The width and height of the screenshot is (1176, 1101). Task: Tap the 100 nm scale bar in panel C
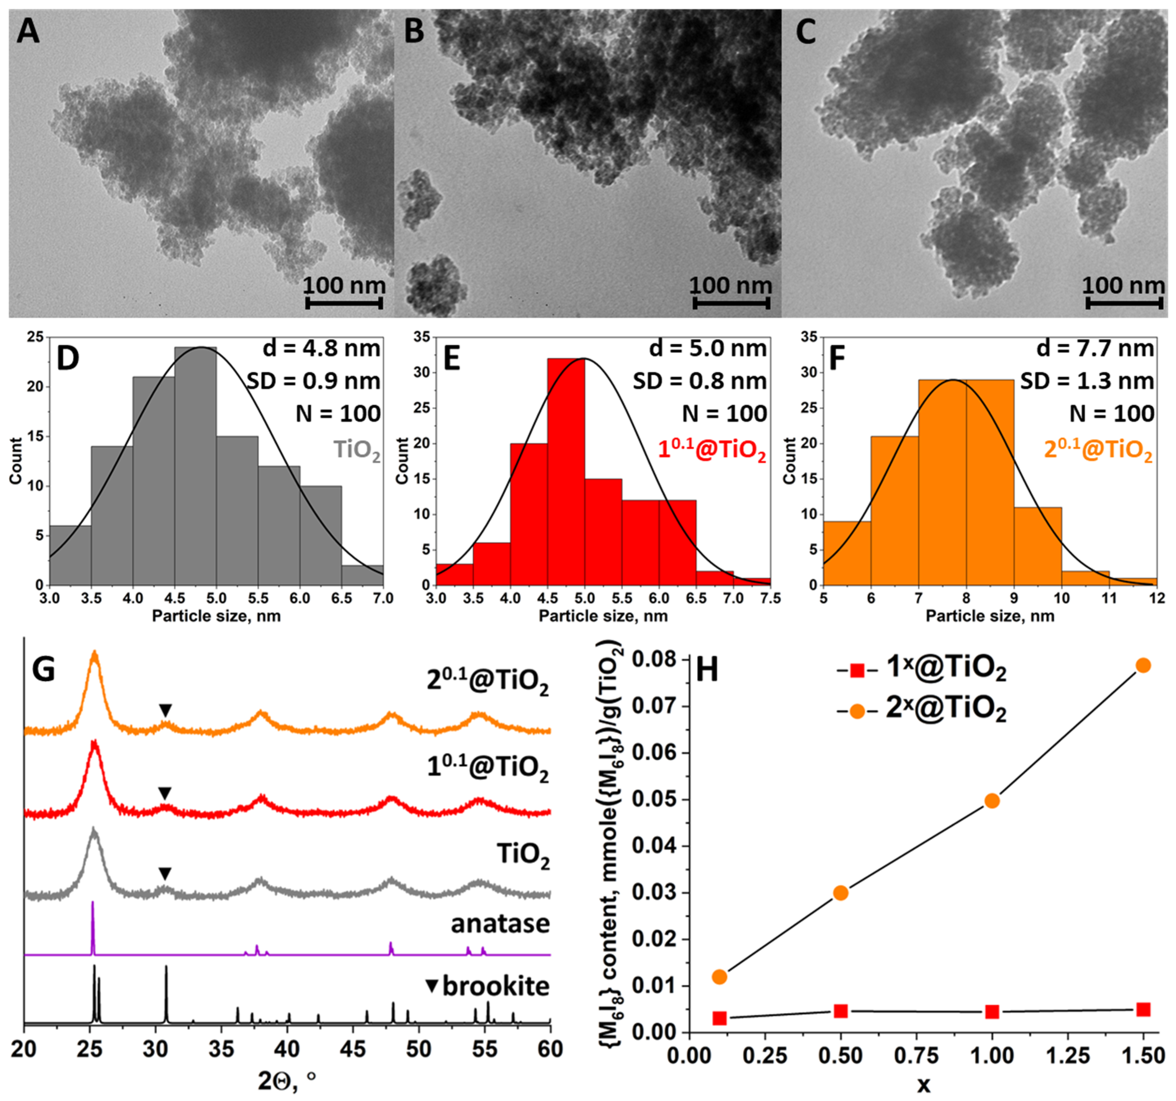pos(1125,303)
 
